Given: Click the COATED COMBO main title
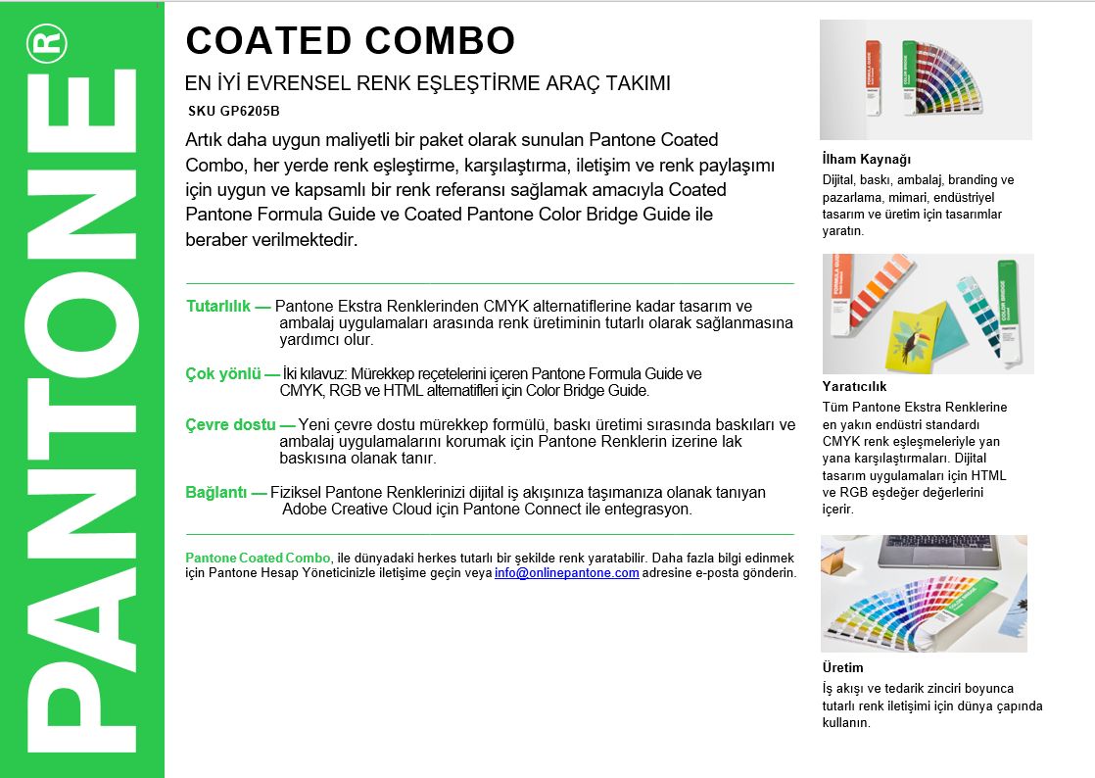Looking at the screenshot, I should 350,40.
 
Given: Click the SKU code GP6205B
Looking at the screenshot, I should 234,111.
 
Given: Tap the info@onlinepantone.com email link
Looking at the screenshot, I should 566,572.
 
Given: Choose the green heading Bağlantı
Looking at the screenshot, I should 218,492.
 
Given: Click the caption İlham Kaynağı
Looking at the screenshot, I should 867,159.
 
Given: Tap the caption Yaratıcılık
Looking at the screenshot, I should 855,386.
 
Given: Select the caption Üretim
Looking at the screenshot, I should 842,667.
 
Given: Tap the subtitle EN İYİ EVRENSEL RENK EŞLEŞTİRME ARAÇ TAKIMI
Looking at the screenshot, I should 428,83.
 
